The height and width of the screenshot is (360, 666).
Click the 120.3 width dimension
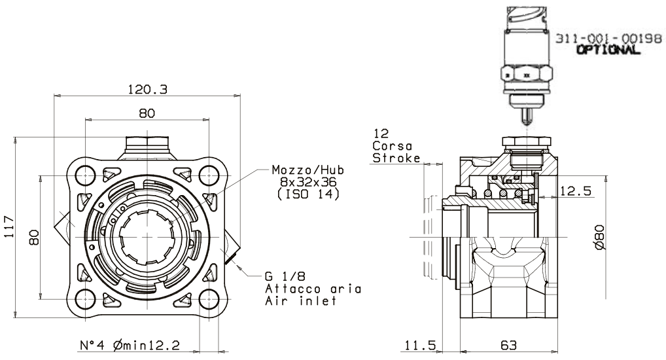(x=147, y=89)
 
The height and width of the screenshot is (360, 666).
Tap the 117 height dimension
(x=9, y=227)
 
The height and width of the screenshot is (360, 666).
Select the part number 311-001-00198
(x=608, y=38)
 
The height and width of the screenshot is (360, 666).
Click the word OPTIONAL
(x=608, y=50)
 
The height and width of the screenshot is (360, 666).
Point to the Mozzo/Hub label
(x=308, y=170)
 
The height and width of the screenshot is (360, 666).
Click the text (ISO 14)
(x=308, y=194)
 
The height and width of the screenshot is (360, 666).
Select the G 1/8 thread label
(x=285, y=276)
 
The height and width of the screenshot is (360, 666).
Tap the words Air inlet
(x=301, y=301)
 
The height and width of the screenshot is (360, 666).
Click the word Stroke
(x=396, y=158)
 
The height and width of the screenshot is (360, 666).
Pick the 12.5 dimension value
(x=576, y=191)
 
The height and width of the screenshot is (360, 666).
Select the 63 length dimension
(x=508, y=345)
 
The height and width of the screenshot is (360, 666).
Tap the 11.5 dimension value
(x=420, y=345)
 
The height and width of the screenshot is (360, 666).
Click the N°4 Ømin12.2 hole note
(x=130, y=345)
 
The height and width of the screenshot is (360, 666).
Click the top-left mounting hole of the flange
(x=85, y=175)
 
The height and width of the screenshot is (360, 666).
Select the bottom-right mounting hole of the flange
(x=209, y=299)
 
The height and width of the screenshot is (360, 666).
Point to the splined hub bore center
(x=147, y=237)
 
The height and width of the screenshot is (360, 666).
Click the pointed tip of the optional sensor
(x=527, y=124)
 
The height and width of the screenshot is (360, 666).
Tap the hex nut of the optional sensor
(x=527, y=74)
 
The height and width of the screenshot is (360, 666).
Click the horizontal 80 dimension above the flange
(x=147, y=113)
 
